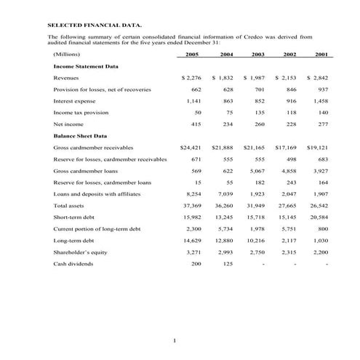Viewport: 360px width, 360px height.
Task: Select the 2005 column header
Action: click(x=192, y=55)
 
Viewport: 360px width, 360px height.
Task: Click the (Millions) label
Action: click(x=66, y=55)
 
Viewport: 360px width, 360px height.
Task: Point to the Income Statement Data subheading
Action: click(x=86, y=65)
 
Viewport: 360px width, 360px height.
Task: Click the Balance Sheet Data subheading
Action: click(x=80, y=136)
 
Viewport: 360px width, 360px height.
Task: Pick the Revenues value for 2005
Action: click(x=191, y=77)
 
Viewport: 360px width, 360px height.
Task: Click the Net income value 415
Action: click(x=196, y=124)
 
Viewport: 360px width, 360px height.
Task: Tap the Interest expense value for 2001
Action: click(x=319, y=101)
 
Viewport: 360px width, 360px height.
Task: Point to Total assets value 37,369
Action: click(x=191, y=207)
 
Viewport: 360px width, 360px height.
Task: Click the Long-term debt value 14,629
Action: click(x=191, y=241)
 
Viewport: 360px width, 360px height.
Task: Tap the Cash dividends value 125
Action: click(x=228, y=265)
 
